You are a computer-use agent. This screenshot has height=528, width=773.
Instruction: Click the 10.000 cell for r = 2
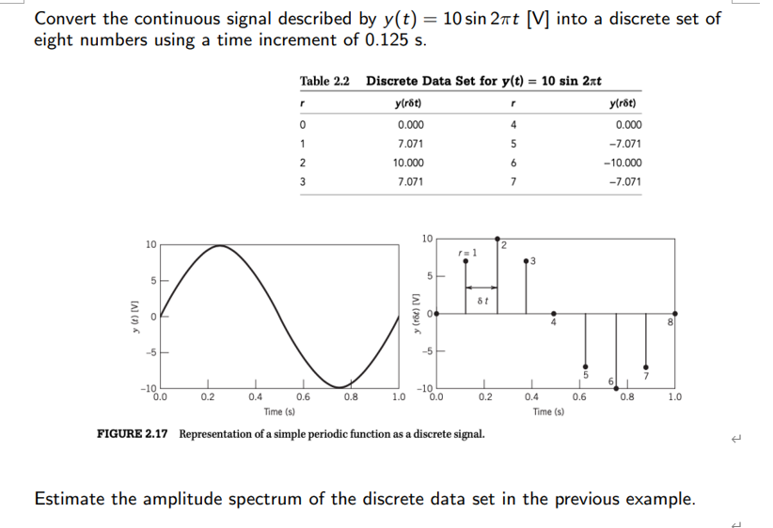pyautogui.click(x=409, y=163)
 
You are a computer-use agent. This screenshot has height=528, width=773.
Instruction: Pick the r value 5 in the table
pyautogui.click(x=510, y=144)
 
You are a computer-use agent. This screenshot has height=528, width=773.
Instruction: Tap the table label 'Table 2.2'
pyautogui.click(x=324, y=82)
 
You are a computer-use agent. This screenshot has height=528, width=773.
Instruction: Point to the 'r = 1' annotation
pyautogui.click(x=467, y=252)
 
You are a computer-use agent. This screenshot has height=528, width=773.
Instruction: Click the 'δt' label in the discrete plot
pyautogui.click(x=482, y=301)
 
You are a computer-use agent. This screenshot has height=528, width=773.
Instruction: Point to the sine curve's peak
pyautogui.click(x=219, y=245)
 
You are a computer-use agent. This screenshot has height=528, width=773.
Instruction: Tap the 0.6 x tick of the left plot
pyautogui.click(x=303, y=396)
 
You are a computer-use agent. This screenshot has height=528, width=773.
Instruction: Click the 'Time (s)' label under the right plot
pyautogui.click(x=547, y=412)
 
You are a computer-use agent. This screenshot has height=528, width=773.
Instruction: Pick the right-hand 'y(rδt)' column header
pyautogui.click(x=625, y=104)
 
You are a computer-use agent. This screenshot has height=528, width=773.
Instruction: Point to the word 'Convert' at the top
pyautogui.click(x=67, y=18)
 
